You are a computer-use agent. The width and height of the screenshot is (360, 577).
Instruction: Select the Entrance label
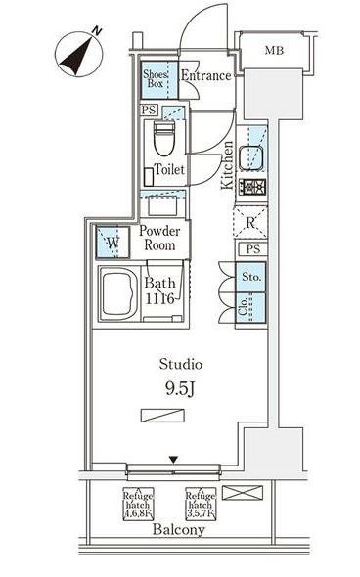click(205, 75)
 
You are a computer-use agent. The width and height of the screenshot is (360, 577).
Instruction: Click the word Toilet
click(170, 169)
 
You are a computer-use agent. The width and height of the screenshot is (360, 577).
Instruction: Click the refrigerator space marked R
click(251, 222)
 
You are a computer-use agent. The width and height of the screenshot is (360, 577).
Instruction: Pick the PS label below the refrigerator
click(251, 249)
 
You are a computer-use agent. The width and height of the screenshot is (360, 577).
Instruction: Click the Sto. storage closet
click(250, 277)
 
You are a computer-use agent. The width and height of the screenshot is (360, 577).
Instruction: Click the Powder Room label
click(159, 238)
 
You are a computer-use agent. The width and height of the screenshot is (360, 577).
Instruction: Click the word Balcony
click(178, 530)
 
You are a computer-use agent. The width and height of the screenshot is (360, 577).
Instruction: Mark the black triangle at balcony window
click(174, 460)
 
